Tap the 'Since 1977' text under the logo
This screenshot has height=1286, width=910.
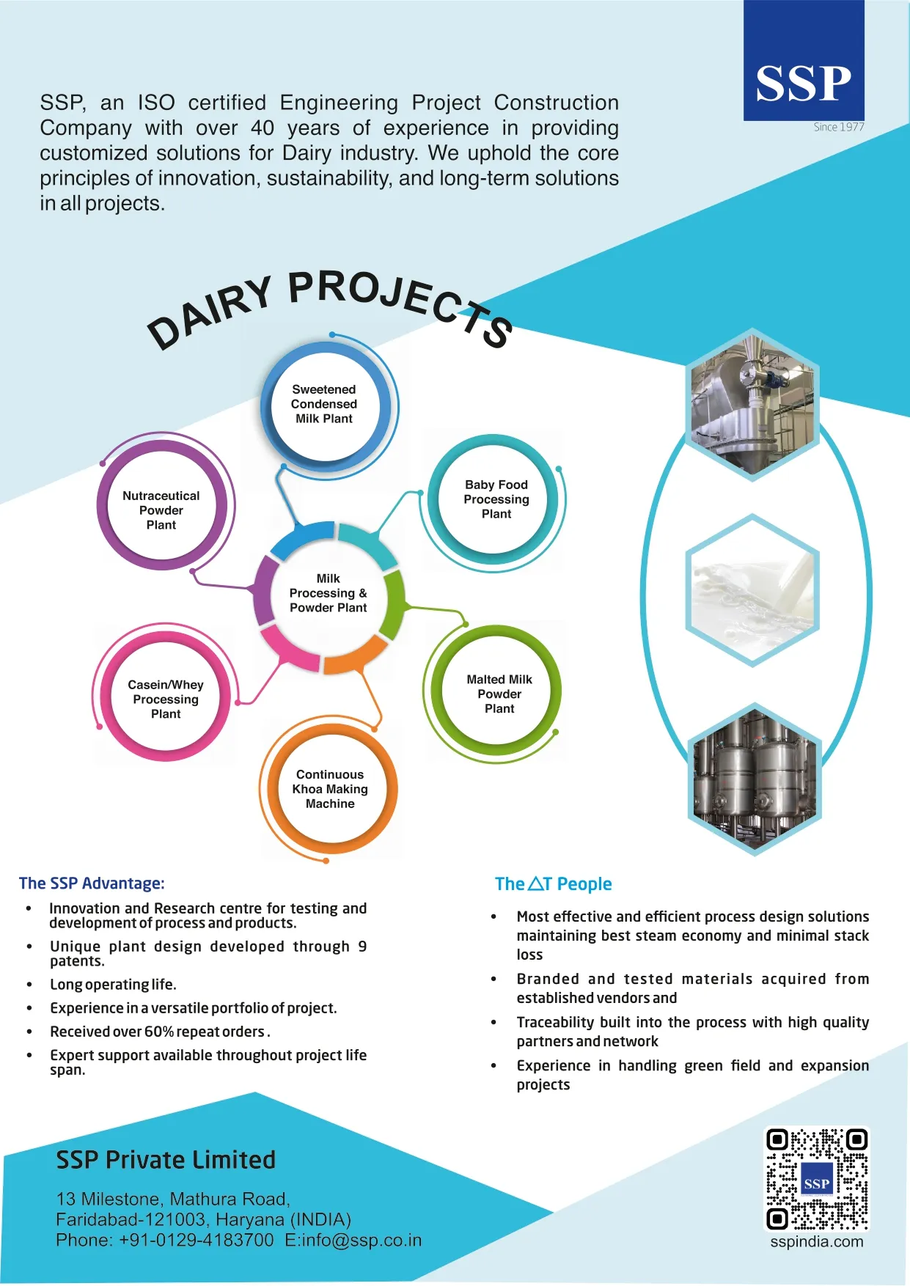pyautogui.click(x=839, y=128)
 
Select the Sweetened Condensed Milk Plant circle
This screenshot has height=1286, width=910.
pyautogui.click(x=324, y=404)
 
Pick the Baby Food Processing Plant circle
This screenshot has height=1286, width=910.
pyautogui.click(x=496, y=499)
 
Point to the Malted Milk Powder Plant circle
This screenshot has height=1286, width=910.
pyautogui.click(x=499, y=694)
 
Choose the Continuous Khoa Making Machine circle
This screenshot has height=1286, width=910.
pyautogui.click(x=330, y=789)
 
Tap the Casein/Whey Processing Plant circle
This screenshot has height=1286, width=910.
pyautogui.click(x=166, y=699)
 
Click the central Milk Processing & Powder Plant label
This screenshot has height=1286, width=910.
pyautogui.click(x=328, y=593)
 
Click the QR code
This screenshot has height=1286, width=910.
pyautogui.click(x=817, y=1179)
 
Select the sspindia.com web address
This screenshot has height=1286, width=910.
pyautogui.click(x=817, y=1242)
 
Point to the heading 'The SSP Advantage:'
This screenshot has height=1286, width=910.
pyautogui.click(x=92, y=883)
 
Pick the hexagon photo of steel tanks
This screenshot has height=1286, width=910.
pyautogui.click(x=755, y=779)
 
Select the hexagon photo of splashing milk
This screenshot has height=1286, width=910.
pyautogui.click(x=752, y=590)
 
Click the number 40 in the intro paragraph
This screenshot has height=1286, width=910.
pyautogui.click(x=263, y=128)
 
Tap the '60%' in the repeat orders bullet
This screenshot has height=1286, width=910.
pyautogui.click(x=158, y=1032)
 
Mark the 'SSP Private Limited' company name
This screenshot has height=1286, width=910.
pyautogui.click(x=166, y=1160)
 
